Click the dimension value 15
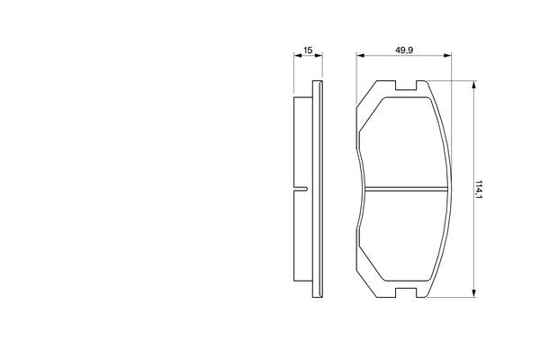pyautogui.click(x=308, y=50)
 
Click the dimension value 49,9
pyautogui.click(x=404, y=50)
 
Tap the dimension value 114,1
pyautogui.click(x=479, y=189)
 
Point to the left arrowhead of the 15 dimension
pyautogui.click(x=298, y=55)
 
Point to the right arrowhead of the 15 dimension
pyautogui.click(x=319, y=55)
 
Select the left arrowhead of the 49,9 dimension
pyautogui.click(x=361, y=55)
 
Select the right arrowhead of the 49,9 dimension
pyautogui.click(x=447, y=55)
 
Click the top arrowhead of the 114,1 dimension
pyautogui.click(x=474, y=85)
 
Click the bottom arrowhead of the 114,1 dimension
pyautogui.click(x=474, y=293)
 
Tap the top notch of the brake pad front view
pyautogui.click(x=406, y=85)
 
